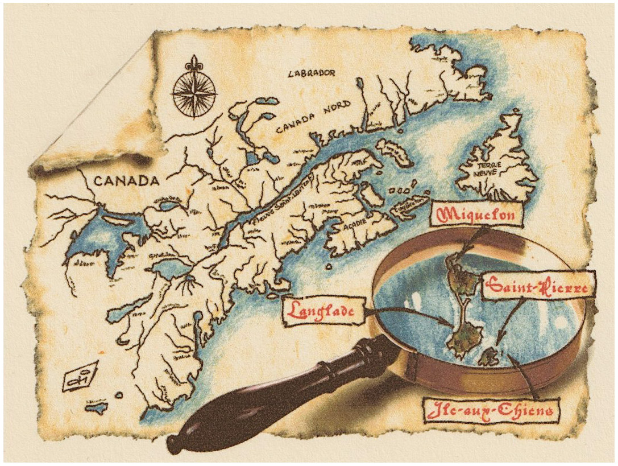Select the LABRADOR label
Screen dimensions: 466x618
pyautogui.click(x=312, y=73)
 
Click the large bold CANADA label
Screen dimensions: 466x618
pyautogui.click(x=125, y=182)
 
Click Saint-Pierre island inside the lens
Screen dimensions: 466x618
pyautogui.click(x=488, y=357)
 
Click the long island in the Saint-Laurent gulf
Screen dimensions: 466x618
pyautogui.click(x=395, y=152)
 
